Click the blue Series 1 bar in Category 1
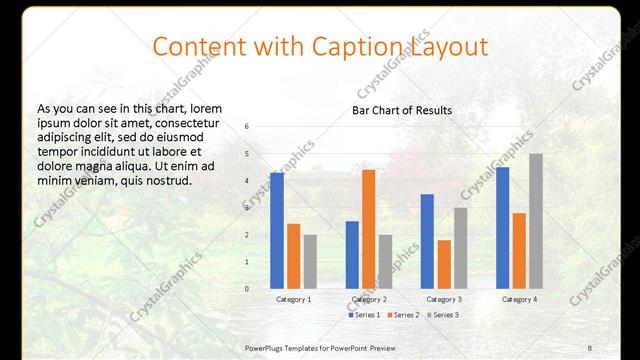pos(276,230)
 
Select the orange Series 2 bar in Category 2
pos(368,229)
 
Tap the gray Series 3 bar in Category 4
pos(536,221)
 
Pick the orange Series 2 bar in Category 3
pos(443,264)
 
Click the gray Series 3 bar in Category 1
pos(310,261)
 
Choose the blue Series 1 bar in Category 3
pos(427,241)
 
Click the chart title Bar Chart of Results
pos(402,110)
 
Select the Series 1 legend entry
pos(364,315)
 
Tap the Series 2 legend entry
pos(403,315)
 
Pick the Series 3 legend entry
pos(442,315)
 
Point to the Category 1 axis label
pos(293,299)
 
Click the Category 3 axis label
pos(443,299)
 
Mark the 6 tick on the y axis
pos(247,127)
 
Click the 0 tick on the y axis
pos(247,289)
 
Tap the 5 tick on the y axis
pos(247,154)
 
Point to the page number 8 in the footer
pos(590,346)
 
